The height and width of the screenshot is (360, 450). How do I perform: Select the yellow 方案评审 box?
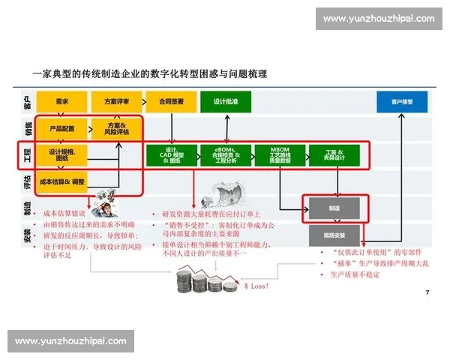(116, 101)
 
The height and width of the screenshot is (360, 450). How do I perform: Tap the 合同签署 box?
(171, 101)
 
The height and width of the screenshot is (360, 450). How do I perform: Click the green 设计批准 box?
(225, 101)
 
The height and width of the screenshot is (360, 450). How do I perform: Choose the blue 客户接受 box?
(402, 101)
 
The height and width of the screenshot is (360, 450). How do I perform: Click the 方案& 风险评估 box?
(116, 128)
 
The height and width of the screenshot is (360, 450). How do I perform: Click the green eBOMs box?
(225, 155)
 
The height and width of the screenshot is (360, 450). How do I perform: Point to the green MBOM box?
(280, 155)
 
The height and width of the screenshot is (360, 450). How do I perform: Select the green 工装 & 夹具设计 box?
(334, 155)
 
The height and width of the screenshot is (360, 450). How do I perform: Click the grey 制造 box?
(334, 208)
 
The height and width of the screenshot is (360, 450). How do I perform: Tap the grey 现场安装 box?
(334, 235)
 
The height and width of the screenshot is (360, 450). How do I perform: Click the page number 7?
(426, 291)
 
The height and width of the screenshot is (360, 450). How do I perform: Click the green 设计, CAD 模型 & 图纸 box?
(171, 155)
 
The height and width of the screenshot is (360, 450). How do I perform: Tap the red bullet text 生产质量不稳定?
(353, 275)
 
